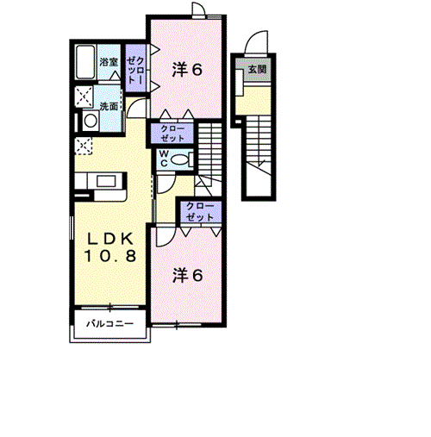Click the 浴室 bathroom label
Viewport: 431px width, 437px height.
point(109,62)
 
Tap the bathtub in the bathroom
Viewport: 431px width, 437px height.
point(85,62)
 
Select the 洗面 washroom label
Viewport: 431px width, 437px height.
point(109,106)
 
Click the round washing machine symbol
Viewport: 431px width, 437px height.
point(91,121)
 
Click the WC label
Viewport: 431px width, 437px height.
point(164,159)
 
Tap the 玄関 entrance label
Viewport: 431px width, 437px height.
point(257,70)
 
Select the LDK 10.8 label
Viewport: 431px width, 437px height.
point(110,247)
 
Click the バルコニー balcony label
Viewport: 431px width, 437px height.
point(110,324)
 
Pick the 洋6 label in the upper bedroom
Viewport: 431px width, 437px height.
point(187,70)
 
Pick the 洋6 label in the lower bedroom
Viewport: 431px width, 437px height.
point(187,275)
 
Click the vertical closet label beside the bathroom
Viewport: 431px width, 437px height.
point(136,71)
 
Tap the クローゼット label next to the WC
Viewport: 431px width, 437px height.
point(172,134)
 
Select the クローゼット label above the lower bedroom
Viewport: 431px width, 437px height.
point(200,212)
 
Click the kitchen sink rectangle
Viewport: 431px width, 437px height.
point(106,182)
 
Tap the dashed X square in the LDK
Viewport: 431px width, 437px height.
point(84,146)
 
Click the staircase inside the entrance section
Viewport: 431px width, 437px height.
point(259,145)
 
